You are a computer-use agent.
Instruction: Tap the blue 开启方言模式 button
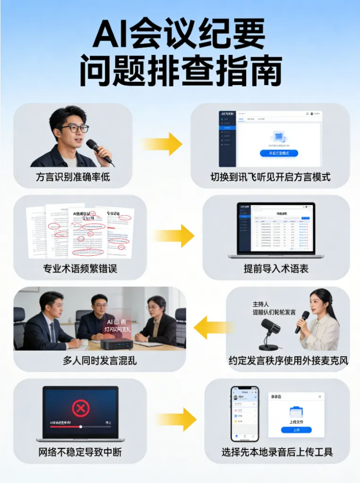pyautogui.click(x=279, y=153)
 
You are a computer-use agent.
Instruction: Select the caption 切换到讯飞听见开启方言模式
pyautogui.click(x=270, y=178)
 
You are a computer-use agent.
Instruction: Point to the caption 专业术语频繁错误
pyautogui.click(x=80, y=269)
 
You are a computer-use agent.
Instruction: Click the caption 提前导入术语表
pyautogui.click(x=276, y=269)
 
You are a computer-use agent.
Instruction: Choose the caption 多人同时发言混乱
pyautogui.click(x=100, y=361)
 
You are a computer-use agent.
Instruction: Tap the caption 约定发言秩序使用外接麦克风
pyautogui.click(x=288, y=361)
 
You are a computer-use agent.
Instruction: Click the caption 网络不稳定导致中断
pyautogui.click(x=80, y=452)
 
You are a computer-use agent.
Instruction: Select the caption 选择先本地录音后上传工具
pyautogui.click(x=277, y=452)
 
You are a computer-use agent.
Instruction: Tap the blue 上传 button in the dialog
pyautogui.click(x=296, y=430)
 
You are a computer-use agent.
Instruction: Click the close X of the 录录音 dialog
pyautogui.click(x=320, y=397)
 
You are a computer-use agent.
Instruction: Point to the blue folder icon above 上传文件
pyautogui.click(x=296, y=411)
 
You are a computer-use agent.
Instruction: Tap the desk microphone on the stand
pyautogui.click(x=271, y=330)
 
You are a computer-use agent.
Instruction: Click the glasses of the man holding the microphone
pyautogui.click(x=75, y=128)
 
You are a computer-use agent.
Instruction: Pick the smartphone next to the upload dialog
pyautogui.click(x=244, y=414)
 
